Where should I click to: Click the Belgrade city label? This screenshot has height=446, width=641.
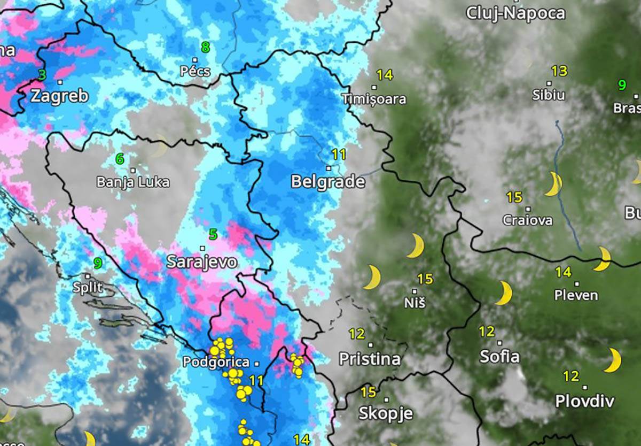[x=327, y=182]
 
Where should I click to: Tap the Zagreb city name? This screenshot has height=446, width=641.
[x=59, y=96]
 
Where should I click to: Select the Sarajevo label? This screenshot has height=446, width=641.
[x=201, y=262]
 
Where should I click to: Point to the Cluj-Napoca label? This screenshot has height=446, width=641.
[x=515, y=13]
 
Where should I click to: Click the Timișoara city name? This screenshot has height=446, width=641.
[x=373, y=99]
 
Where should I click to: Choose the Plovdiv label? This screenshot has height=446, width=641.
[x=584, y=401]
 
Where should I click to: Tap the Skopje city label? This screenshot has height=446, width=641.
[x=386, y=413]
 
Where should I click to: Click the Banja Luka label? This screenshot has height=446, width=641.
[x=132, y=182]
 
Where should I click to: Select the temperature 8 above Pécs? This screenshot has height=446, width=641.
[x=205, y=48]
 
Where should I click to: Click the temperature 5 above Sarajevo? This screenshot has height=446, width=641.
[x=213, y=234]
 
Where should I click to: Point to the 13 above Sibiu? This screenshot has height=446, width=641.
[x=559, y=71]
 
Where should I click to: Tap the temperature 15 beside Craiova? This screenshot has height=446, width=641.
[x=514, y=197]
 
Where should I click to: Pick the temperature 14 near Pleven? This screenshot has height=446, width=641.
[x=562, y=272]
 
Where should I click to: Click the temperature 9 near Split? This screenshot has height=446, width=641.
[x=98, y=263]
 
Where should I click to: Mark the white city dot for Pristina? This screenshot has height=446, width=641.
[x=370, y=344]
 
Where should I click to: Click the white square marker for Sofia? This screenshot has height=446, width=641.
[x=499, y=343]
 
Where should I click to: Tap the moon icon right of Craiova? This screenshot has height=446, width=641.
[x=553, y=184]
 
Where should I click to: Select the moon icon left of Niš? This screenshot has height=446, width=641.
[x=372, y=277]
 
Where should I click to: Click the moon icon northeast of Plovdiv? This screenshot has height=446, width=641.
[x=613, y=360]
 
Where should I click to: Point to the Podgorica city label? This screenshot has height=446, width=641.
[x=216, y=362]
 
